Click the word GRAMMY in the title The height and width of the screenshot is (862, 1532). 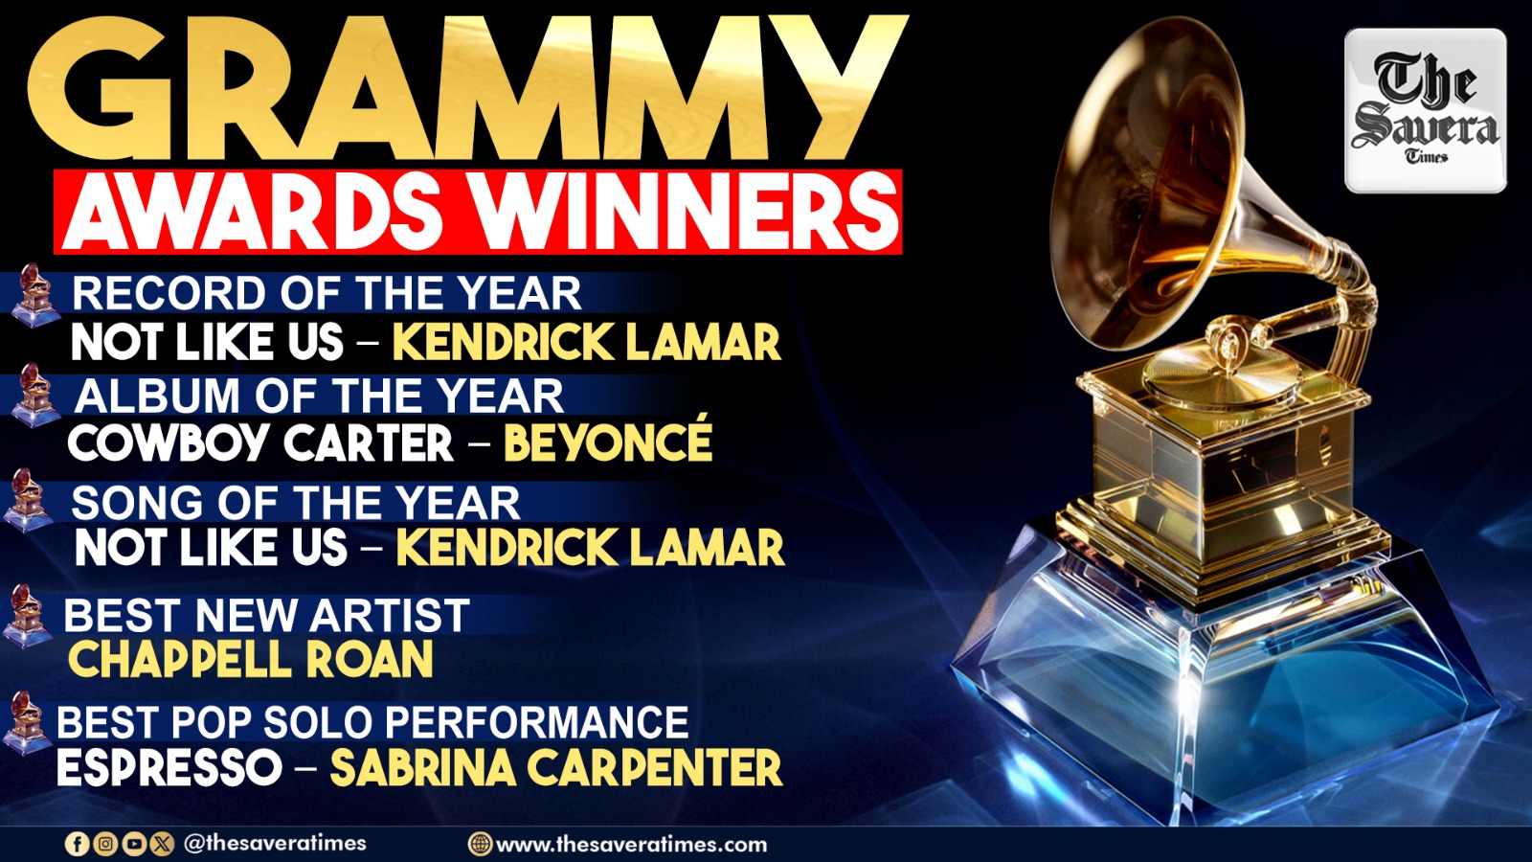click(467, 89)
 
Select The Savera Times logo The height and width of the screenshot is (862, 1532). click(1426, 111)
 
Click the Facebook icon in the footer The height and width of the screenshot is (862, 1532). click(77, 844)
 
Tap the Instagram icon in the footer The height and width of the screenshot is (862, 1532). click(105, 844)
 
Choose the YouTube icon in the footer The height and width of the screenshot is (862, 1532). click(134, 844)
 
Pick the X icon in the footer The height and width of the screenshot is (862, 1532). click(162, 844)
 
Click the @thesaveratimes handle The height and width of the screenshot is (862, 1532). click(275, 843)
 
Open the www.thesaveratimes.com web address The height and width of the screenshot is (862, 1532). click(631, 844)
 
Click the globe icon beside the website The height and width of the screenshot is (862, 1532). click(480, 844)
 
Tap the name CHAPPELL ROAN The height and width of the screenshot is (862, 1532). click(250, 660)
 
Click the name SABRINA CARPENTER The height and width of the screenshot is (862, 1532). click(556, 767)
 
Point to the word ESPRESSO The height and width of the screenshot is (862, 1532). click(169, 767)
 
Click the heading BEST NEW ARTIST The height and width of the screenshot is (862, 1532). click(267, 614)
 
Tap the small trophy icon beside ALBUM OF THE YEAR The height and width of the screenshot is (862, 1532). click(35, 396)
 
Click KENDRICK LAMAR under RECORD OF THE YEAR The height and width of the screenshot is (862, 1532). click(587, 341)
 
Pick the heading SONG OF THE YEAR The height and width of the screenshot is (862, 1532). click(296, 503)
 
